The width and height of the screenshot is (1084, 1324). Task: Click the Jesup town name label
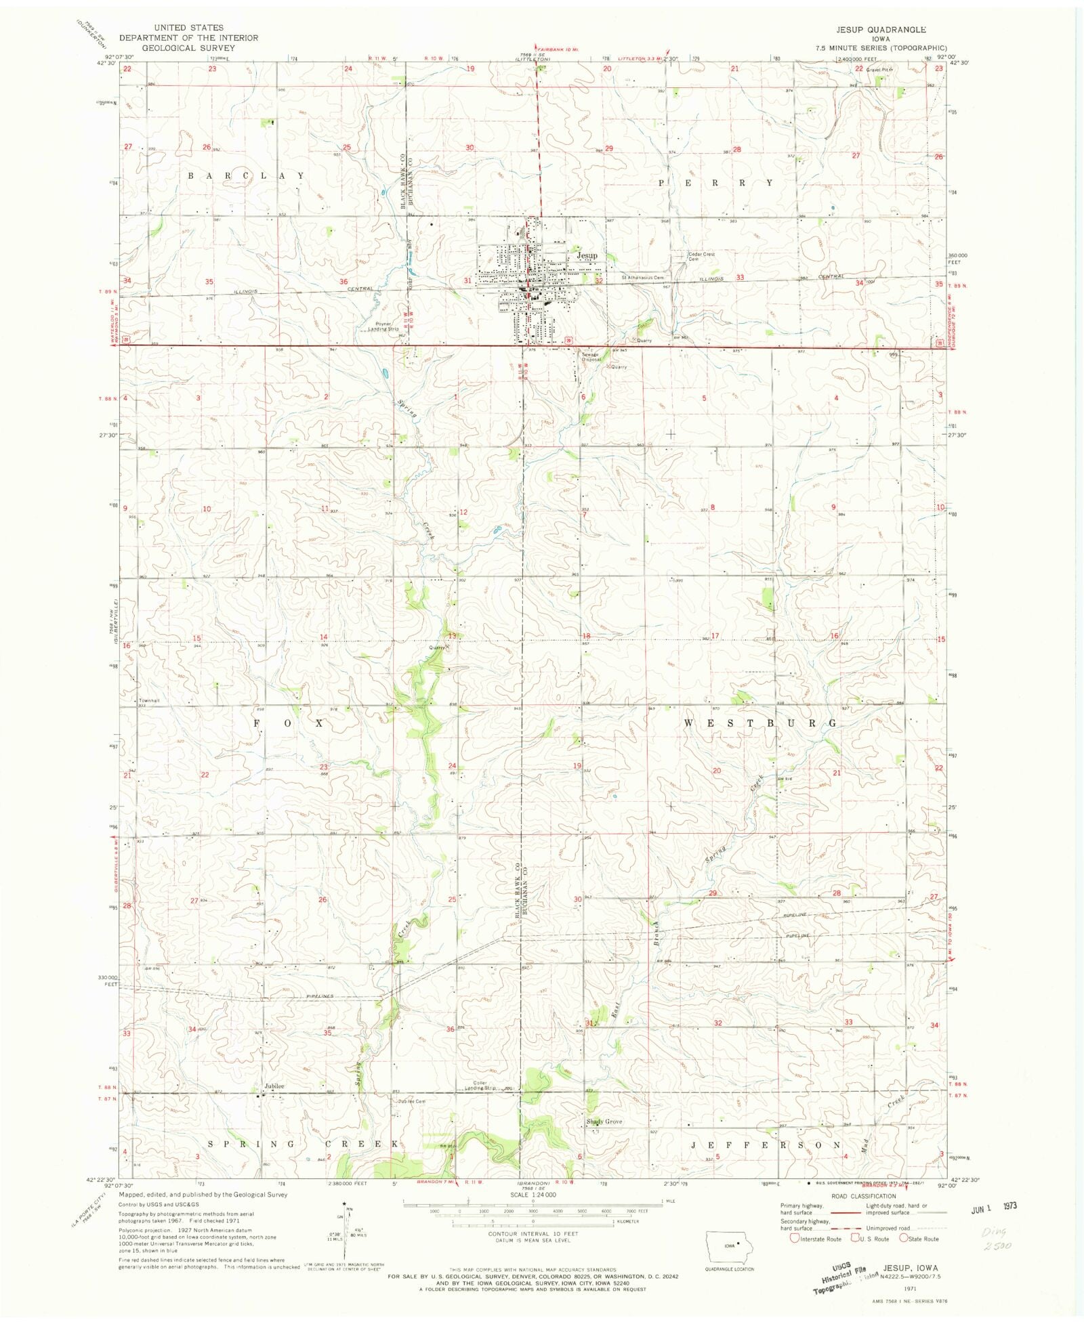pyautogui.click(x=587, y=255)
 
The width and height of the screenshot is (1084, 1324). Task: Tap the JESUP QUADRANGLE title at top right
pyautogui.click(x=880, y=30)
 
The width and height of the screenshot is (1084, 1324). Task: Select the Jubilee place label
pyautogui.click(x=274, y=1086)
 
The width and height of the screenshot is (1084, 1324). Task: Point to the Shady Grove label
pyautogui.click(x=604, y=1122)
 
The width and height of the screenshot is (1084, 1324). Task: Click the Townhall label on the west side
pyautogui.click(x=149, y=700)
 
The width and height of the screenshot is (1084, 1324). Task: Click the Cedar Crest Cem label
pyautogui.click(x=701, y=257)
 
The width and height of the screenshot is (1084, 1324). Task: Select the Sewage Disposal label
pyautogui.click(x=589, y=356)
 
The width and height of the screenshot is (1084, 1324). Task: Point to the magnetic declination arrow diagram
pyautogui.click(x=346, y=1226)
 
